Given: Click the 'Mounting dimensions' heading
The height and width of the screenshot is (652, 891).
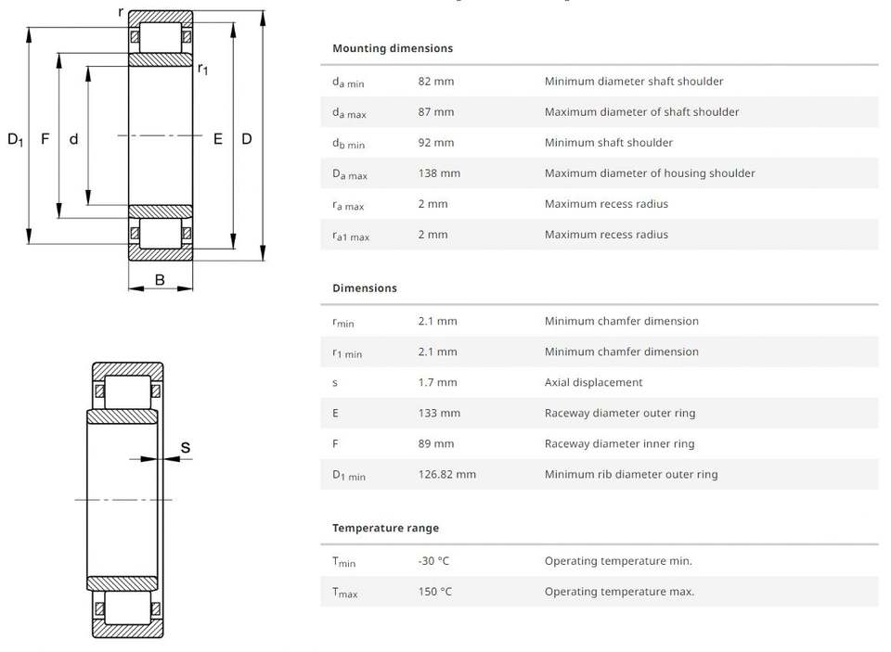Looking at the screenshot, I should (x=393, y=48).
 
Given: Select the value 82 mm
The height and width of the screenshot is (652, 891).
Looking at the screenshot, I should (x=436, y=82).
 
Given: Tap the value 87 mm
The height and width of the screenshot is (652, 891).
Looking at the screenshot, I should (x=436, y=112).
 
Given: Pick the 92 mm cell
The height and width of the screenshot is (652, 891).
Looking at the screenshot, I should (x=436, y=143).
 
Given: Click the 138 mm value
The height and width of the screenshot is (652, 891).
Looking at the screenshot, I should (x=439, y=173).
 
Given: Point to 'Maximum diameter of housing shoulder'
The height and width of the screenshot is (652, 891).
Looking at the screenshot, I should (x=650, y=173).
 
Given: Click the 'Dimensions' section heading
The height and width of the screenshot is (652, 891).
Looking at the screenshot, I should (x=365, y=288).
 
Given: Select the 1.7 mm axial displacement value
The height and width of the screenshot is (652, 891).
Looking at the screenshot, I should (x=437, y=382).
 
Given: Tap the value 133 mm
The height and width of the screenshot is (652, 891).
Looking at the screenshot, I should (x=439, y=413).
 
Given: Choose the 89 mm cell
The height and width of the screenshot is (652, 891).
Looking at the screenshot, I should (x=436, y=443).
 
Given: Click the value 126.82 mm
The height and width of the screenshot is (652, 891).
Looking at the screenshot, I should (x=447, y=474).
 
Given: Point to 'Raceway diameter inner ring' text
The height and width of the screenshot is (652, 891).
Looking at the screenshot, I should (x=619, y=443).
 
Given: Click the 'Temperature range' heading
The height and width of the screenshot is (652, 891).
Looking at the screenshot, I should (x=385, y=529).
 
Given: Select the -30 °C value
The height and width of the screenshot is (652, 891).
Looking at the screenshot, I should (x=433, y=561).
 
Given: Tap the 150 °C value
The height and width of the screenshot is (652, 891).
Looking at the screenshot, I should (x=435, y=592).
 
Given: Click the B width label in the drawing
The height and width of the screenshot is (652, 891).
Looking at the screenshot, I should (x=160, y=280).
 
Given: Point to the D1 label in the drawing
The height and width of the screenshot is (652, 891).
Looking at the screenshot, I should (x=15, y=140).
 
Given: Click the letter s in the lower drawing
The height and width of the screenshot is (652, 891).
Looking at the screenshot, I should (x=186, y=448).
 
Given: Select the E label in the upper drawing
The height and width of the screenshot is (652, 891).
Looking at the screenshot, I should (x=218, y=139).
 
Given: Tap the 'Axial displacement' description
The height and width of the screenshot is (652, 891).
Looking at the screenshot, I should (x=593, y=382).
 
